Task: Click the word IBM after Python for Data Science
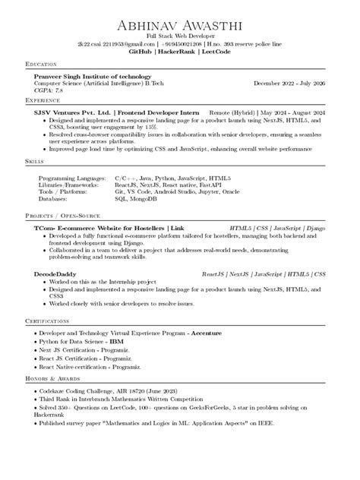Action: click(117, 342)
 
